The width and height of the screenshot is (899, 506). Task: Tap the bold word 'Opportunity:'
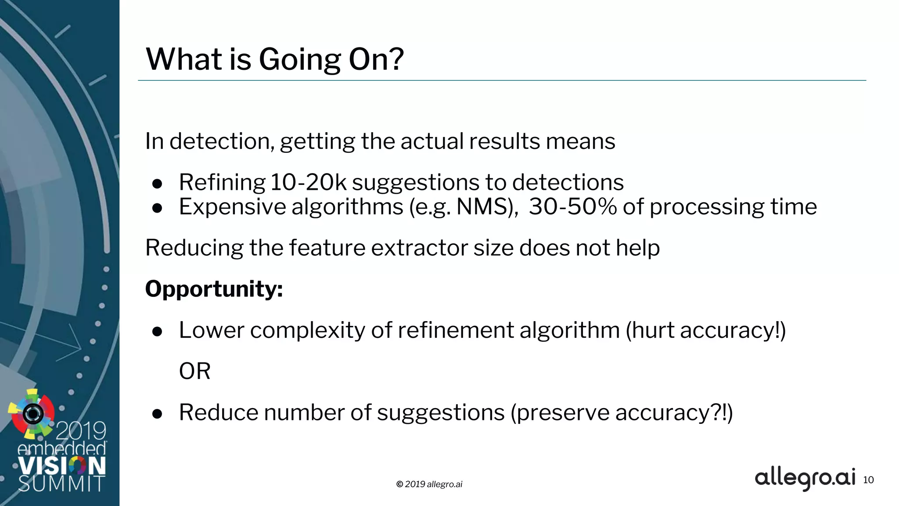pos(214,289)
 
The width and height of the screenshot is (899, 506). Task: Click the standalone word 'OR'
pos(194,372)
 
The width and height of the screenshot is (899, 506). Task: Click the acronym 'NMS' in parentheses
pos(482,207)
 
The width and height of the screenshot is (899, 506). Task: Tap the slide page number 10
pos(868,480)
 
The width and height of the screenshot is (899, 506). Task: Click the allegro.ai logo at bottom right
pos(805,478)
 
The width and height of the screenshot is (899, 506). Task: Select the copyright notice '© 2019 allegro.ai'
pos(429,484)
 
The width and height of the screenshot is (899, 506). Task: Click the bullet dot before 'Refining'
pos(157,184)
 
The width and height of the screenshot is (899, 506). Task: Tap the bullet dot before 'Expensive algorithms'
pos(157,208)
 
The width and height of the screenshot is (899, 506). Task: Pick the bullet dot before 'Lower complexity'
pos(157,332)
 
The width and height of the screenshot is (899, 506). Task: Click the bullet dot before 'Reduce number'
pos(157,414)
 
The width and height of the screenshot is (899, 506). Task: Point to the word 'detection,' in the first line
pos(222,141)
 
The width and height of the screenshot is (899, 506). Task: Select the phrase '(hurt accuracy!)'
pos(705,330)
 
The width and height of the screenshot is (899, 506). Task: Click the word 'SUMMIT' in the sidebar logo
pos(61,484)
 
